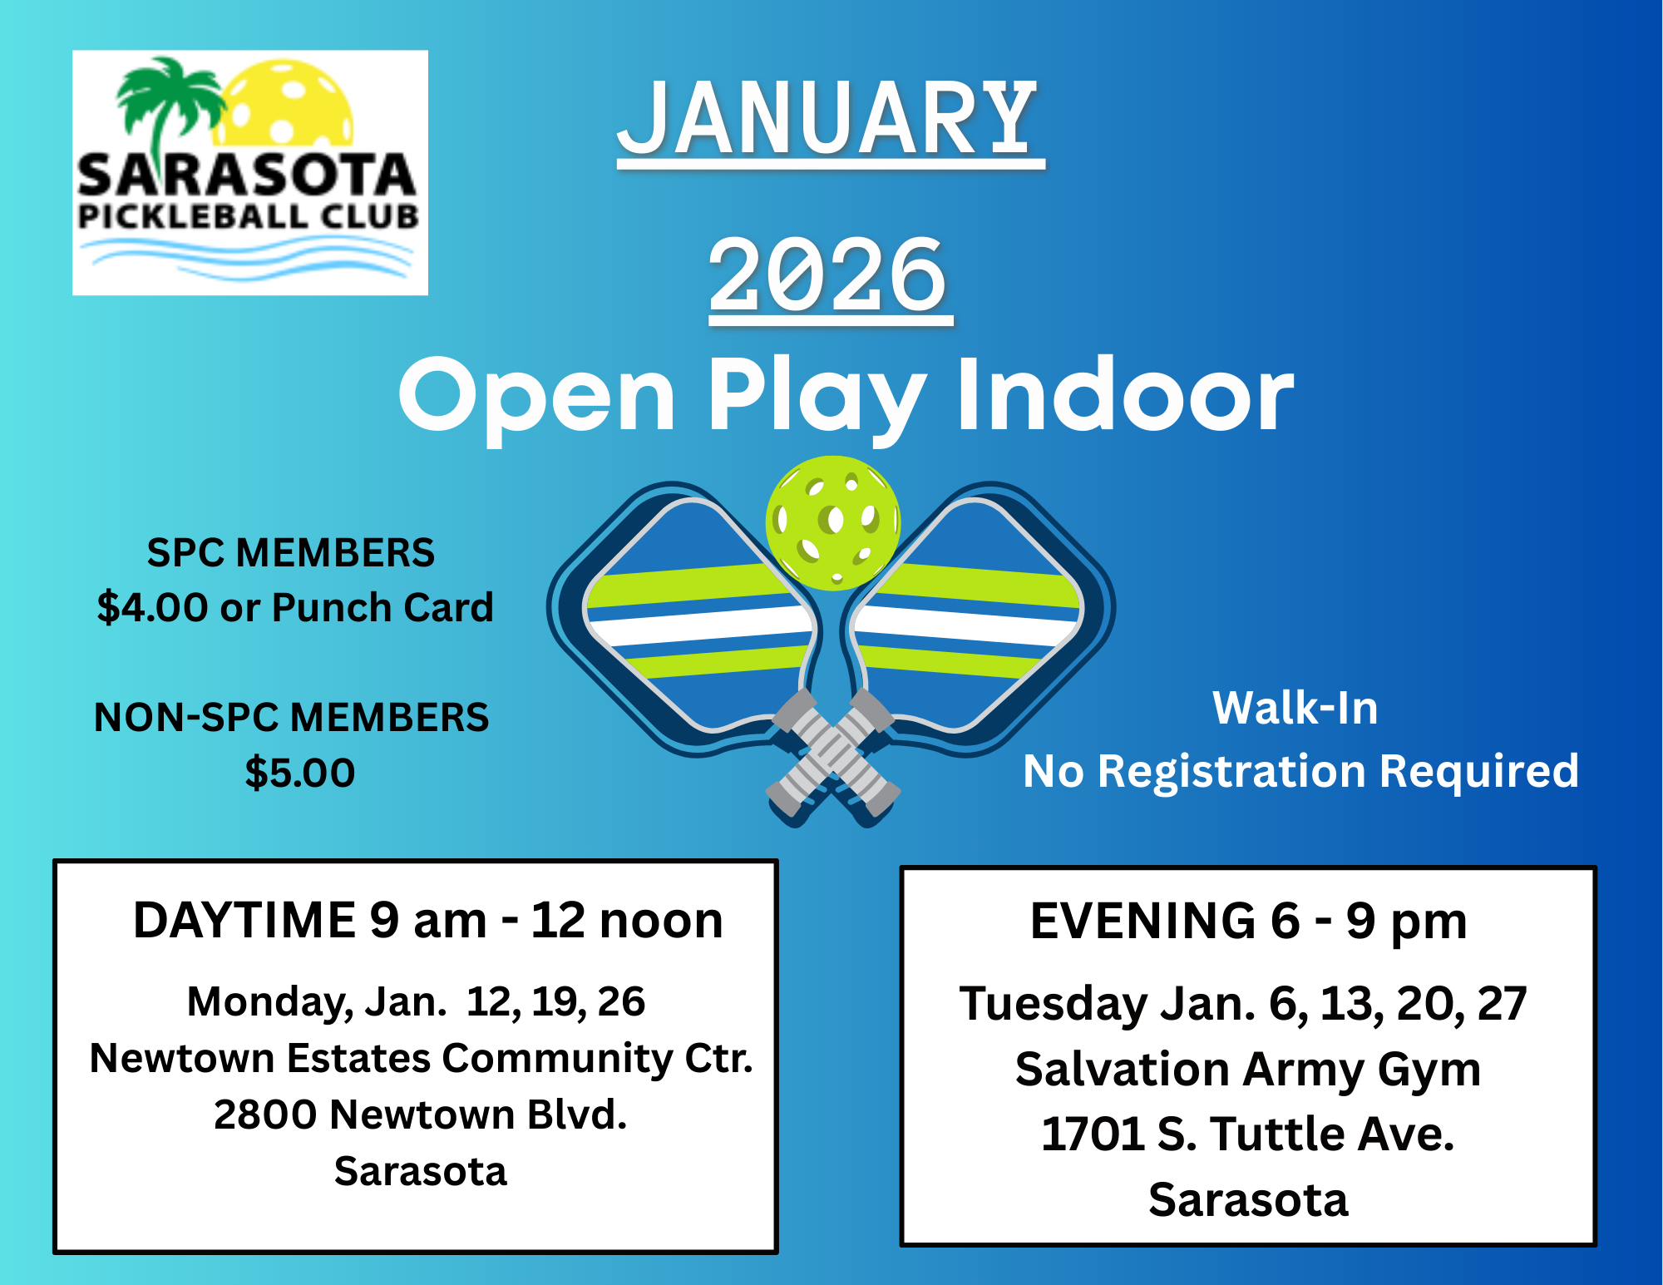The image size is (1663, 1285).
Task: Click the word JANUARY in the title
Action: pyautogui.click(x=830, y=119)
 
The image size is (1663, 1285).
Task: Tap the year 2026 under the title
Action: pyautogui.click(x=830, y=274)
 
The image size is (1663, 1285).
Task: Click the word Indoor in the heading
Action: pyautogui.click(x=1125, y=395)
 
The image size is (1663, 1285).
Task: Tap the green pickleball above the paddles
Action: pyautogui.click(x=832, y=522)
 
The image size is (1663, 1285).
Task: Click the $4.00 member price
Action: pyautogui.click(x=152, y=608)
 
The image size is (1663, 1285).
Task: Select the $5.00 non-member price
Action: pyautogui.click(x=300, y=773)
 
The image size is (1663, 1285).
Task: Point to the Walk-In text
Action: pyautogui.click(x=1295, y=709)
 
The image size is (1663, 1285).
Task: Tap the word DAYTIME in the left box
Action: pyautogui.click(x=244, y=921)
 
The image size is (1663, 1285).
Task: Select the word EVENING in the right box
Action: pyautogui.click(x=1142, y=922)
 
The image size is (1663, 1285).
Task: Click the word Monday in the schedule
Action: pyautogui.click(x=269, y=1001)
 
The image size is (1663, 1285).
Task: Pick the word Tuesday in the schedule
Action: pyautogui.click(x=1053, y=1004)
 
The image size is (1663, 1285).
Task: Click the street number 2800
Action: pyautogui.click(x=264, y=1114)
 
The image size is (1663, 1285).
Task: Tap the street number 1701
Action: pyautogui.click(x=1093, y=1134)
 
